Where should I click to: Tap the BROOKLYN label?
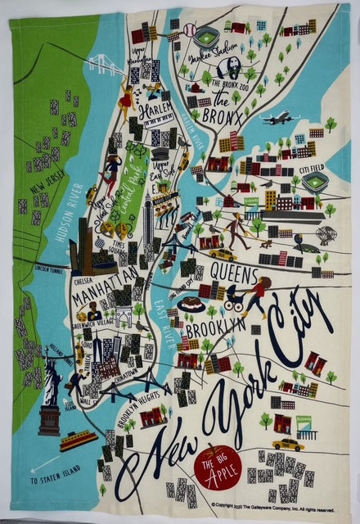[x=214, y=326]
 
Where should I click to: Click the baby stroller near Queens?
[x=233, y=300]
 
